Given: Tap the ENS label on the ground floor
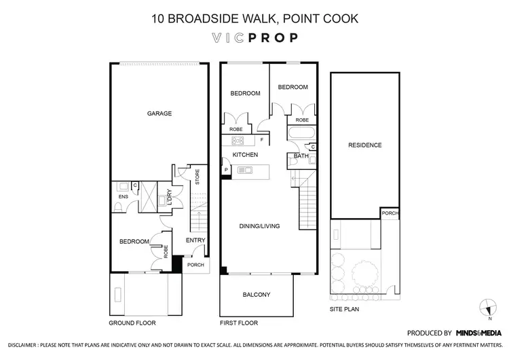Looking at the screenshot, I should tap(124, 198).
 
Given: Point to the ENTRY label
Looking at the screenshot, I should tap(195, 240).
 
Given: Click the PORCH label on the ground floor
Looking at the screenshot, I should tap(195, 265).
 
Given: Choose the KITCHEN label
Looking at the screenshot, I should tap(245, 156).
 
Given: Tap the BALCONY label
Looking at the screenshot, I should tap(257, 295).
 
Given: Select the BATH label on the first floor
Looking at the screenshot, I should tap(301, 156).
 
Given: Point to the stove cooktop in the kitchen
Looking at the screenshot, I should tap(238, 141).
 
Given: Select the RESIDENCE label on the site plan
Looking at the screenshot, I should tap(364, 145).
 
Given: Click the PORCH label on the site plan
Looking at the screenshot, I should tap(390, 213).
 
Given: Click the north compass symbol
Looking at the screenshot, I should tap(486, 306).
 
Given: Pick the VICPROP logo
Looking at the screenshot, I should tap(254, 37).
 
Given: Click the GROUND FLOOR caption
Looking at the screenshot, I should tap(132, 323).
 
